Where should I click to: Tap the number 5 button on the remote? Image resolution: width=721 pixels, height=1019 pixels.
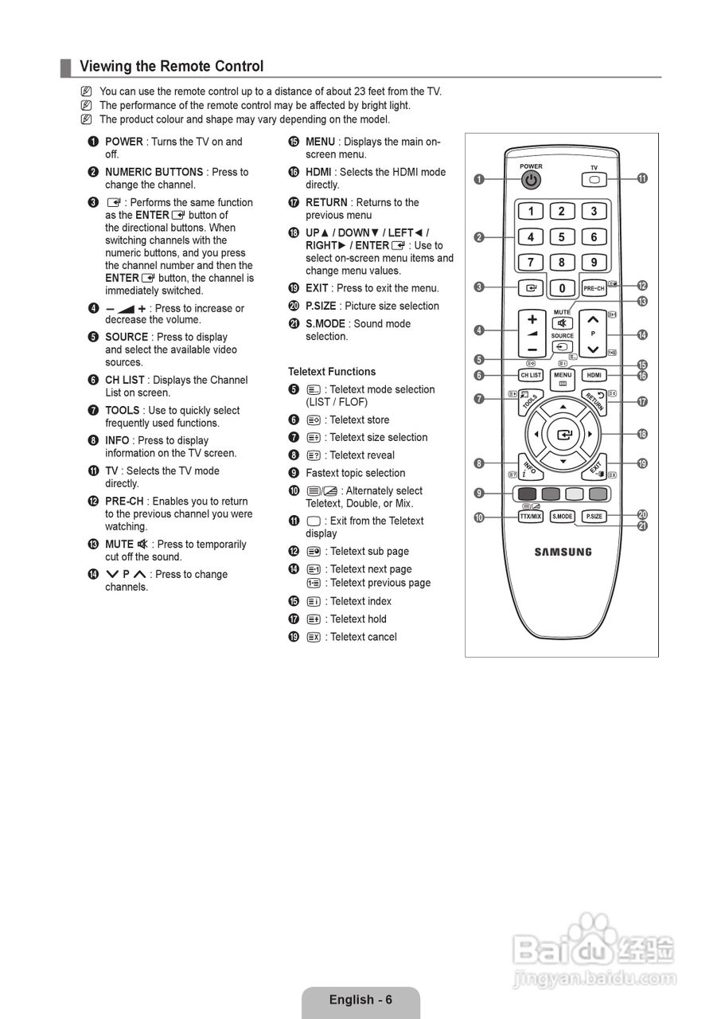coord(562,237)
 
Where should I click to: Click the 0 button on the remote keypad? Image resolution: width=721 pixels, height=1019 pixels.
coord(562,287)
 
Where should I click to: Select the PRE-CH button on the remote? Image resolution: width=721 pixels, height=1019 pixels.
coord(594,287)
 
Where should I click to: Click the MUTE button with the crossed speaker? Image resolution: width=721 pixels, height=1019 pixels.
coord(562,322)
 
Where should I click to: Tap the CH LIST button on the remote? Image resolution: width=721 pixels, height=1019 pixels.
coord(530,375)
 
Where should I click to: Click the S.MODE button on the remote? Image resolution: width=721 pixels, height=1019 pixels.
coord(562,516)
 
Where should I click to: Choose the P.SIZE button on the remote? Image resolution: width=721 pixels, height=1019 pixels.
coord(594,516)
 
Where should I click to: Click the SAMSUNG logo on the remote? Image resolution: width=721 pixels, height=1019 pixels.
coord(563,552)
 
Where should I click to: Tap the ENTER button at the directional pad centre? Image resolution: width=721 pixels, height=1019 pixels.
coord(563,435)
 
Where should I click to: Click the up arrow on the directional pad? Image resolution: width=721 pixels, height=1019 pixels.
coord(563,407)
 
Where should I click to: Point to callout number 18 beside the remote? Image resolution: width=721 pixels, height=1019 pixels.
coord(642,434)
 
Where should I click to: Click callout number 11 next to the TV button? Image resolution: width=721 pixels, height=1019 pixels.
coord(642,179)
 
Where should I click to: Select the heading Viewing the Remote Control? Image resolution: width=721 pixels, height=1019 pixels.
coord(171,66)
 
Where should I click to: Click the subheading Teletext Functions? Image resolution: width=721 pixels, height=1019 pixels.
coord(332,372)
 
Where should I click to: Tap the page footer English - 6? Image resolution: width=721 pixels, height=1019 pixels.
coord(360,1000)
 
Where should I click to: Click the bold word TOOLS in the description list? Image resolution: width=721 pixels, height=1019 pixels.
coord(122,410)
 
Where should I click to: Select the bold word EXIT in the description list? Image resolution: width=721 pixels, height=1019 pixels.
coord(317,288)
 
